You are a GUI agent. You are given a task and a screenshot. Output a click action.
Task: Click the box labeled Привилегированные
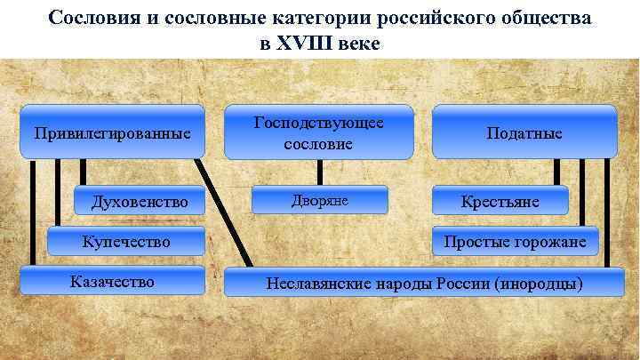(113, 134)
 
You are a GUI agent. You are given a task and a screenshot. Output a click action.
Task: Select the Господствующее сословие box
(319, 132)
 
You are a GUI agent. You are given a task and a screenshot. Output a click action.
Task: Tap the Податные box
(524, 133)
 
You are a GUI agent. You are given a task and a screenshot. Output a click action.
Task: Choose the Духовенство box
(140, 202)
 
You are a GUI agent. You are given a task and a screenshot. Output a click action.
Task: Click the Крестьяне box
(500, 202)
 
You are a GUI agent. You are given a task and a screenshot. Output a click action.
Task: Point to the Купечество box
(125, 241)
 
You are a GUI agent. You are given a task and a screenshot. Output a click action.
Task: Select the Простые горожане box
(516, 241)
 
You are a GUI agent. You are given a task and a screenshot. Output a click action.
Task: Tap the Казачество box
(112, 282)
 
